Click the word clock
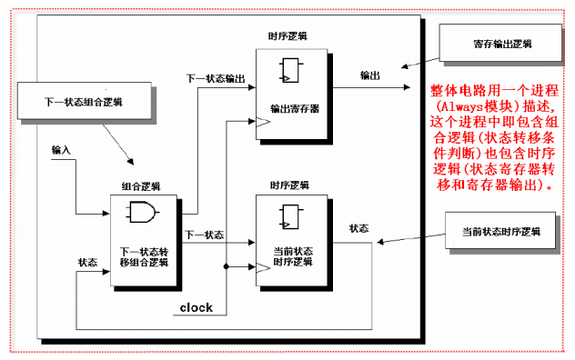(x=196, y=307)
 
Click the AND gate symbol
(x=142, y=215)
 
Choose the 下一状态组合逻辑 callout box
(x=83, y=101)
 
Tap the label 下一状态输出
(x=216, y=78)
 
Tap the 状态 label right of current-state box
(x=358, y=228)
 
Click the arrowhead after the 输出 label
(x=405, y=87)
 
